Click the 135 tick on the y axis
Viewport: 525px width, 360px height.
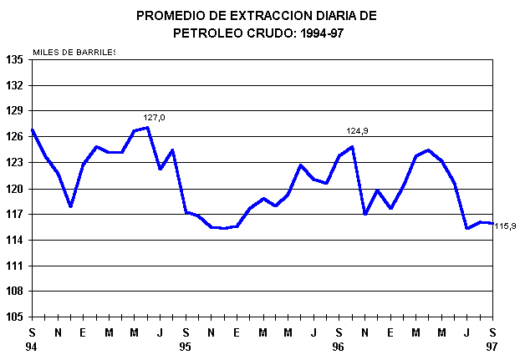(14, 59)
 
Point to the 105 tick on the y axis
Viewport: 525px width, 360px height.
(14, 317)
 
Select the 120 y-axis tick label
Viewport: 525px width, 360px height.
(14, 189)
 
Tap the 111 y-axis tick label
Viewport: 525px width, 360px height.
(14, 266)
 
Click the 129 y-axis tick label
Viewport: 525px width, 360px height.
(14, 111)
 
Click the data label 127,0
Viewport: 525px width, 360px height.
(154, 118)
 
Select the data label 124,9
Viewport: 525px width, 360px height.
(358, 131)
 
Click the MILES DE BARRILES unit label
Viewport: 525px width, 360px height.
(74, 53)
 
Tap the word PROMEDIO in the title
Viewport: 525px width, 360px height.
(172, 16)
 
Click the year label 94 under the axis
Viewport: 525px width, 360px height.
(32, 346)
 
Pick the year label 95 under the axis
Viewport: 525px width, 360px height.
(186, 346)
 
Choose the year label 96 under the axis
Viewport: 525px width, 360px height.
(339, 346)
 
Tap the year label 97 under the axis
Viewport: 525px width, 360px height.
(492, 346)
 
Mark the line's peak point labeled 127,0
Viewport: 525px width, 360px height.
(147, 128)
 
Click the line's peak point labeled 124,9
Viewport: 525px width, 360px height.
(352, 147)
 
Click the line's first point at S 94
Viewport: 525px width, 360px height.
(32, 129)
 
